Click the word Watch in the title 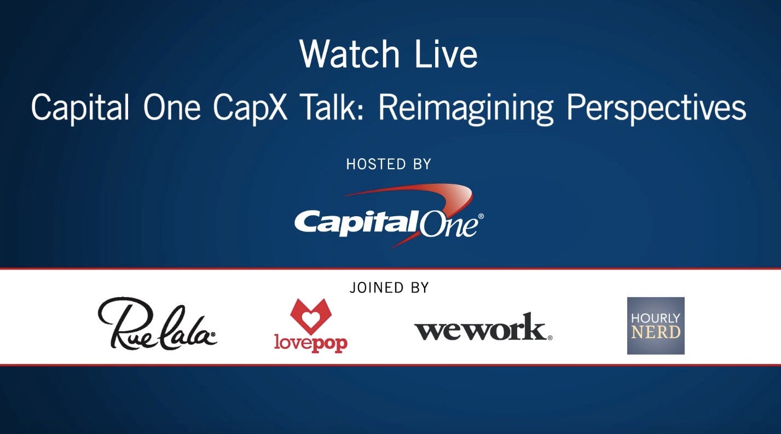[x=349, y=54]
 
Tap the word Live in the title [x=446, y=54]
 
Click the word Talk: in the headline [x=333, y=107]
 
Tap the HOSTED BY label [x=389, y=164]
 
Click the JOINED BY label [x=389, y=287]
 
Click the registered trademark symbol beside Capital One [x=481, y=217]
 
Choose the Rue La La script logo [x=157, y=323]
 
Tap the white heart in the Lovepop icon [x=311, y=318]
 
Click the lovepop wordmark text [x=311, y=343]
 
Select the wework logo [x=483, y=327]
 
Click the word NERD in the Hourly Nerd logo [x=656, y=332]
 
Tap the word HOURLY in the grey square [x=656, y=319]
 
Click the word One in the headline [x=171, y=108]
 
